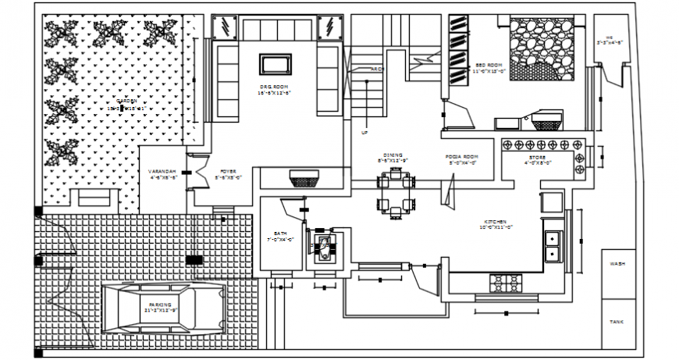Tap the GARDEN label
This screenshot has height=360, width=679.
click(x=126, y=101)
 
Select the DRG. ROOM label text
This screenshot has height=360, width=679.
click(x=275, y=86)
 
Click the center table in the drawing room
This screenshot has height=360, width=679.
click(x=275, y=64)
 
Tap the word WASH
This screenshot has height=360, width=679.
click(x=617, y=264)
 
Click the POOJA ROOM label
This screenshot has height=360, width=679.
click(x=462, y=157)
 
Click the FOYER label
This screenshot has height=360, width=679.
click(x=227, y=171)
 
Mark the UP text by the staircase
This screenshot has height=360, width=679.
click(x=364, y=133)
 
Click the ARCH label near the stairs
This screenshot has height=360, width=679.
click(x=377, y=70)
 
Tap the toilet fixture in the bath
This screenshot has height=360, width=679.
click(x=322, y=249)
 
